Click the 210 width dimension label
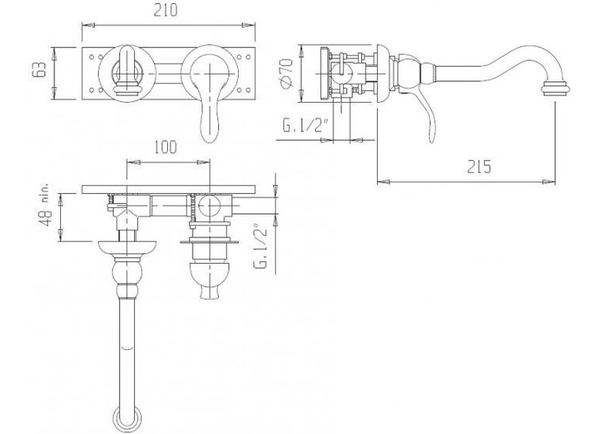pyautogui.click(x=165, y=11)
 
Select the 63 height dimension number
pyautogui.click(x=39, y=70)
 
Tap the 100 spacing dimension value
pyautogui.click(x=165, y=147)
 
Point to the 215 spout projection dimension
pyautogui.click(x=479, y=166)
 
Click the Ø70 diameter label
pyautogui.click(x=286, y=74)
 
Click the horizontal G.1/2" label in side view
pyautogui.click(x=305, y=125)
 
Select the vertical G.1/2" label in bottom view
pyautogui.click(x=261, y=248)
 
